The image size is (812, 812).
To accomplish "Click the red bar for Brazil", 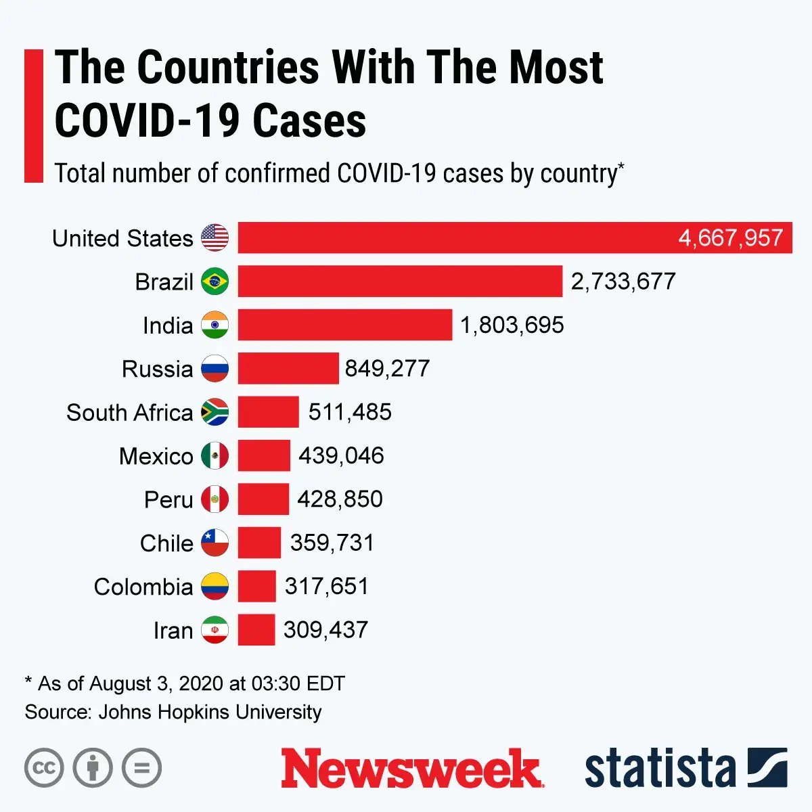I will (x=399, y=281).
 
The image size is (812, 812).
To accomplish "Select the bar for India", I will (x=344, y=325).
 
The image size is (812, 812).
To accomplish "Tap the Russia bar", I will (x=288, y=369).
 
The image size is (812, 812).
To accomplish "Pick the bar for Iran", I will (x=256, y=630).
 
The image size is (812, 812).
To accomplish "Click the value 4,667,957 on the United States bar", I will (x=730, y=238).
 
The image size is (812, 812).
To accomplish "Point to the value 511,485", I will (x=350, y=412).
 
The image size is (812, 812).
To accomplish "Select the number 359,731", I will (x=332, y=543).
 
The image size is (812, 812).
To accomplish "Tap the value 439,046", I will (x=341, y=455).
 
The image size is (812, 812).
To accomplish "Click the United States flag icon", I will (x=215, y=238).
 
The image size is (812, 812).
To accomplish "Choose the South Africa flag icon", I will (x=215, y=412).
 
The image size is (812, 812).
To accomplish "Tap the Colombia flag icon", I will (x=215, y=587).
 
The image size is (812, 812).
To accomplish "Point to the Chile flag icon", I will (x=215, y=543).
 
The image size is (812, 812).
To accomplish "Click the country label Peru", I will (x=168, y=500).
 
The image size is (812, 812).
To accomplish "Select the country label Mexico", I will (x=156, y=456).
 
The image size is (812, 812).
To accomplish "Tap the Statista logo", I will (x=685, y=769).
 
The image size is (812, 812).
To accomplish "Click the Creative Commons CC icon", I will (x=44, y=768).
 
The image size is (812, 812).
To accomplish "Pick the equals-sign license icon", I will (x=141, y=768).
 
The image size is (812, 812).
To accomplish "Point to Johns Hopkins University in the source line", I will (x=210, y=712).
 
